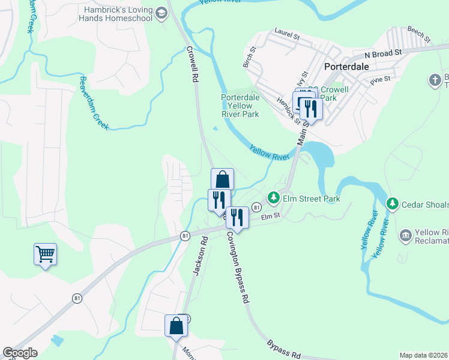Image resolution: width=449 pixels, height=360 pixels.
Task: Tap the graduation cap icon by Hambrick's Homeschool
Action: click(x=161, y=13)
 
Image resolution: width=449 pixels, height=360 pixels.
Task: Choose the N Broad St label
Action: click(x=381, y=54)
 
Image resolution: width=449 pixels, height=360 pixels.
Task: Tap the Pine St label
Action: click(x=380, y=79)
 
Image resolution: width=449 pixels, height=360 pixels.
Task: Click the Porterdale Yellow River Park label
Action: click(x=240, y=106)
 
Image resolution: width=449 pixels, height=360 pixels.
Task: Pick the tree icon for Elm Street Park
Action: click(x=274, y=197)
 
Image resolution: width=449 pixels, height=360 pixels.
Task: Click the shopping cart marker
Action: click(x=45, y=254)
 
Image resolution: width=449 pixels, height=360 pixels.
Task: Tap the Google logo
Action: click(x=20, y=353)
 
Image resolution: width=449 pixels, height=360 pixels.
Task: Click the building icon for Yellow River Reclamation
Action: click(x=405, y=234)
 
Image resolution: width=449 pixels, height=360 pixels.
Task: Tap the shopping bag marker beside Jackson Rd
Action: click(x=176, y=326)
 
